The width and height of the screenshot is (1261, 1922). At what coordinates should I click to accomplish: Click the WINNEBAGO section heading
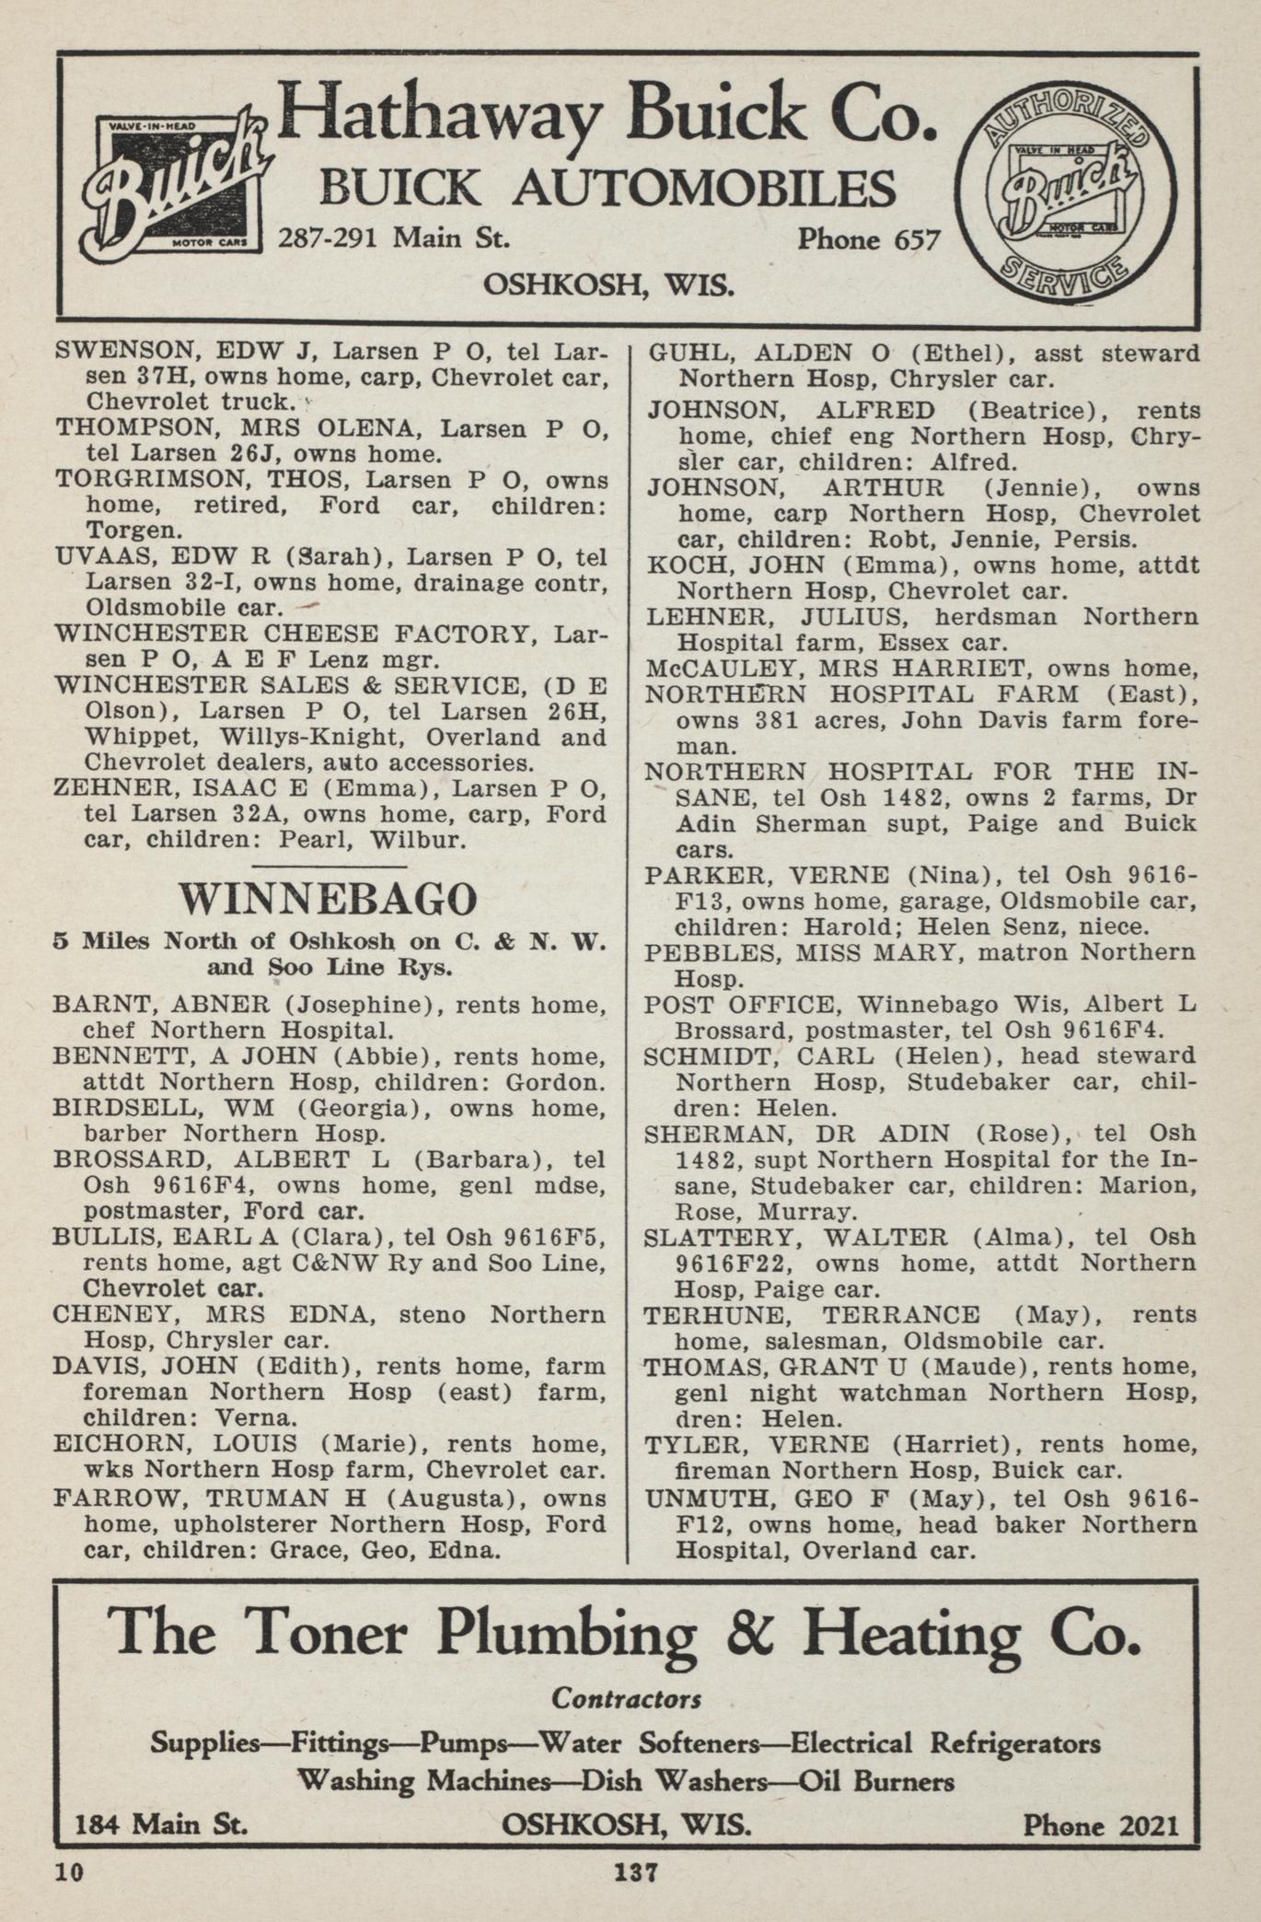329,899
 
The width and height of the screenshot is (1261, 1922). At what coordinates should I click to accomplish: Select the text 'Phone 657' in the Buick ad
868,240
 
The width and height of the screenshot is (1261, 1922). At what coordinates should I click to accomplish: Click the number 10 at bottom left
68,1872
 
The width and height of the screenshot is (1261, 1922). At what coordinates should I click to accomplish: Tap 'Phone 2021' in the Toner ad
1100,1824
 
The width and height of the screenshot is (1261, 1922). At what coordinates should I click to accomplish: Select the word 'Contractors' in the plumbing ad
626,1698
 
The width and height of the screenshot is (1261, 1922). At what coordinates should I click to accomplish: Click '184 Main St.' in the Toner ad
161,1824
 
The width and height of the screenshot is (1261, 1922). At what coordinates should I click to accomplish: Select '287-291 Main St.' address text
394,239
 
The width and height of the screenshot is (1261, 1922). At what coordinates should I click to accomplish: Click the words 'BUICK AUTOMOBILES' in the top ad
607,189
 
